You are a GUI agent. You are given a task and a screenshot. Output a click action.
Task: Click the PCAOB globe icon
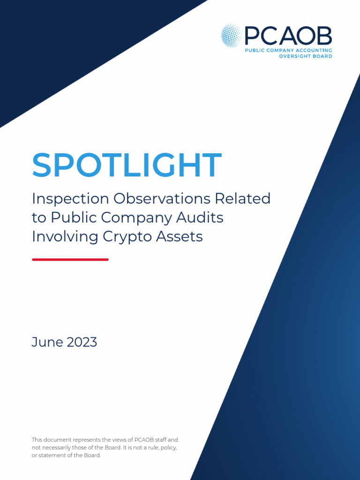(232, 36)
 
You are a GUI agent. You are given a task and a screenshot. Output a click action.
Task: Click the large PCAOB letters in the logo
(288, 36)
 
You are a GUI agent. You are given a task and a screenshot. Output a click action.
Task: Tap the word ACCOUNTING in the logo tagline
(313, 50)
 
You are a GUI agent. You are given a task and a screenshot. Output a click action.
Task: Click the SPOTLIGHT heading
(127, 165)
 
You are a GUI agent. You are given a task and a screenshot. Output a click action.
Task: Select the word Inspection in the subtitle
(70, 199)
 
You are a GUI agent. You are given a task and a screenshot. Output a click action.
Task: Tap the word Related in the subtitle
(242, 199)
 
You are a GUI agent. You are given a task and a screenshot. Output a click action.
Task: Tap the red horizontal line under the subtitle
(70, 259)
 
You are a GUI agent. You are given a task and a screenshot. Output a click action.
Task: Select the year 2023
(82, 342)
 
